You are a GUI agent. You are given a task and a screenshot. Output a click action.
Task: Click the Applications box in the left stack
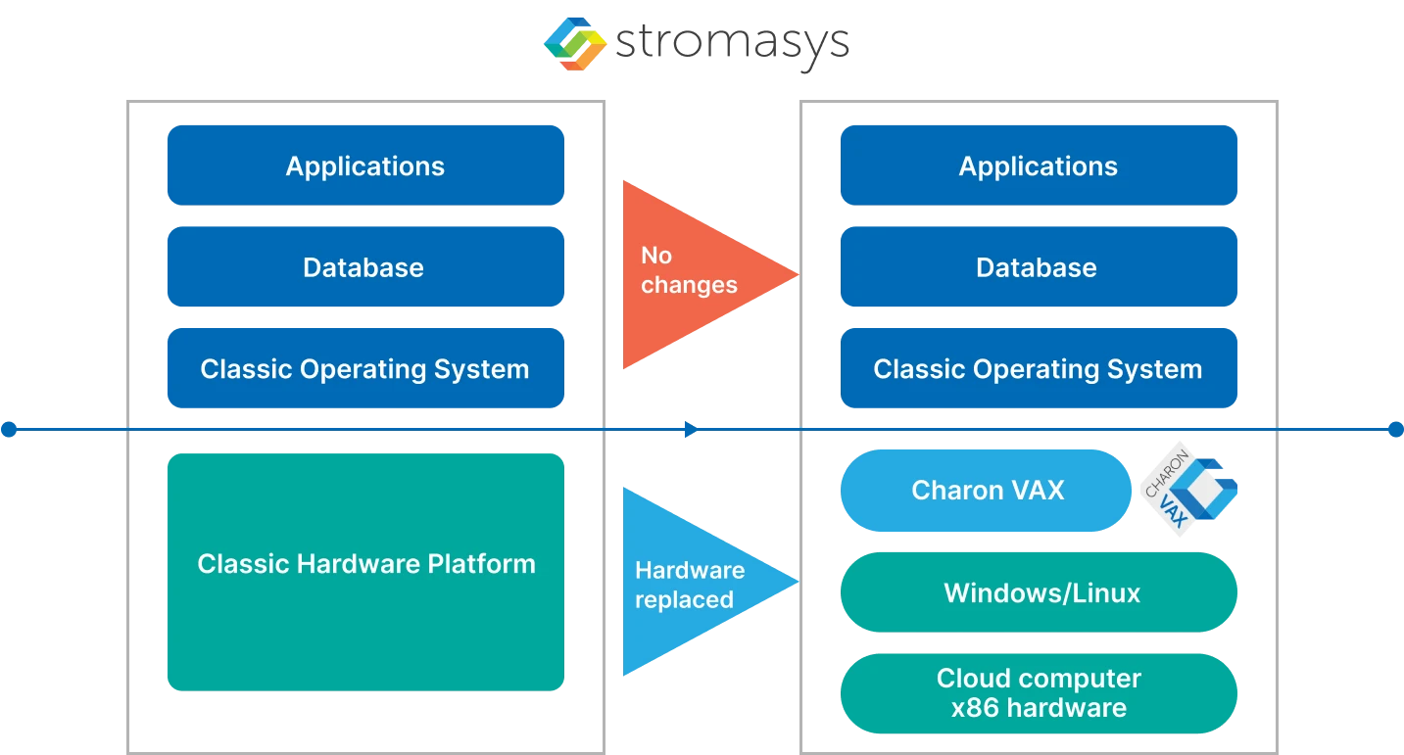pyautogui.click(x=364, y=165)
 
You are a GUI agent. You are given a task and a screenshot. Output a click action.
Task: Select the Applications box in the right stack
pyautogui.click(x=1038, y=165)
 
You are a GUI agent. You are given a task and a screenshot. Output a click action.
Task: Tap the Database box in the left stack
pyautogui.click(x=364, y=267)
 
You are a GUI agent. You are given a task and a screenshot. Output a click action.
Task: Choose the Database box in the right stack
pyautogui.click(x=1038, y=267)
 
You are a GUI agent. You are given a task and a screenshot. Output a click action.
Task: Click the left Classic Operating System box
pyautogui.click(x=364, y=369)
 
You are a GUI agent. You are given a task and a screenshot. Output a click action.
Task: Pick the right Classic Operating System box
pyautogui.click(x=1038, y=369)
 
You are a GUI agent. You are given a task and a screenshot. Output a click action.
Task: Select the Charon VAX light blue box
pyautogui.click(x=986, y=491)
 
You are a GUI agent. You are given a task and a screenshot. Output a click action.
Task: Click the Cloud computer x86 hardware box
pyautogui.click(x=1038, y=693)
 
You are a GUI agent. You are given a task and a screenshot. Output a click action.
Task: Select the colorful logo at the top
pyautogui.click(x=576, y=43)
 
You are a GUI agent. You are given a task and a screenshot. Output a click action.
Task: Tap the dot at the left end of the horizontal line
pyautogui.click(x=9, y=429)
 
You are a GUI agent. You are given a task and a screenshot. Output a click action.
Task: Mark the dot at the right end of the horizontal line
pyautogui.click(x=1395, y=429)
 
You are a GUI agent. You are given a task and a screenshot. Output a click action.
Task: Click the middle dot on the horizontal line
pyautogui.click(x=689, y=429)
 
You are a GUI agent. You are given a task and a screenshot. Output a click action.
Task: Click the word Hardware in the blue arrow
pyautogui.click(x=690, y=570)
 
